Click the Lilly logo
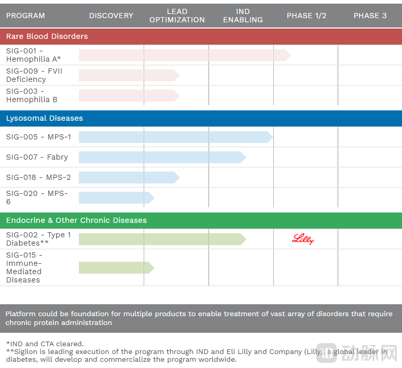tap(303, 239)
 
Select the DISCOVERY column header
tap(111, 16)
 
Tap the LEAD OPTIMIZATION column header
tap(177, 16)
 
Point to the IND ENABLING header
tap(243, 16)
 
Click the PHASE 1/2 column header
tap(307, 16)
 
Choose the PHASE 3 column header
tap(370, 16)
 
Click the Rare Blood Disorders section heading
tap(47, 36)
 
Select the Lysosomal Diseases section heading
tap(44, 118)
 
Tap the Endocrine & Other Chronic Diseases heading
tap(76, 220)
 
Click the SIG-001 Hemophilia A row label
tap(33, 55)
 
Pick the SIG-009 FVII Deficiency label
tap(34, 75)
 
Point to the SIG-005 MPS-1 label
tap(38, 137)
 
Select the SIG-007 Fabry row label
tap(37, 157)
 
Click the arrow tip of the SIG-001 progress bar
tap(287, 55)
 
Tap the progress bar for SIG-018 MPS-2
tap(127, 177)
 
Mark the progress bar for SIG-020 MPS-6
tap(115, 197)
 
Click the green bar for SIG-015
tap(115, 267)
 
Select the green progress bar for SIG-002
tap(161, 239)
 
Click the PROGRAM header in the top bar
tap(25, 16)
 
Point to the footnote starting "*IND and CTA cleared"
tap(45, 344)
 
